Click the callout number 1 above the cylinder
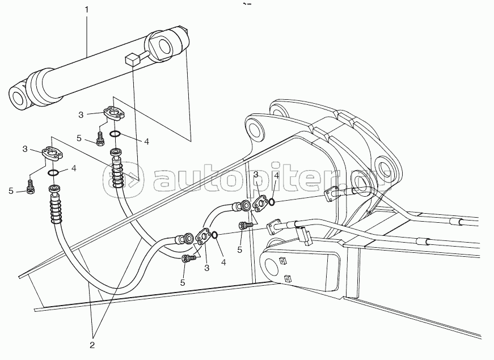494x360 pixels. [x=87, y=10]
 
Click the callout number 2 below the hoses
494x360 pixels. [x=92, y=345]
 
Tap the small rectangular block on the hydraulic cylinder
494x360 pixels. [x=133, y=59]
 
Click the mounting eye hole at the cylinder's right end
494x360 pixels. [x=164, y=45]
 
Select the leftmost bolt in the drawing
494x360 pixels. [x=31, y=187]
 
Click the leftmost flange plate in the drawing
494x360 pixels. [x=52, y=153]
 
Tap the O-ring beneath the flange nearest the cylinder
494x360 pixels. [x=115, y=134]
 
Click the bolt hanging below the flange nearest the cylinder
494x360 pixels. [x=100, y=139]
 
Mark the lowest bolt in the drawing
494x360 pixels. [x=188, y=259]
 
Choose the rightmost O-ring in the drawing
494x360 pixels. [x=271, y=201]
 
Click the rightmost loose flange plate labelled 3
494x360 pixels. [x=260, y=204]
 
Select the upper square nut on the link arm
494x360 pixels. [x=282, y=260]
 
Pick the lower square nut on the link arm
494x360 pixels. [x=288, y=278]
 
